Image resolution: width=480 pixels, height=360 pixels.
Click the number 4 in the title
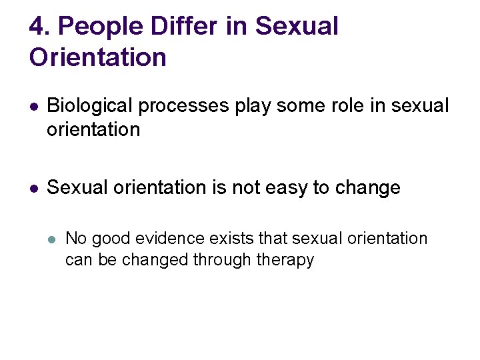coord(37,27)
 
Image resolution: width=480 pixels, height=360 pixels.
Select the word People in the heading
coord(99,27)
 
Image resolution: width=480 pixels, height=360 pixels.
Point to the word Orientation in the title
coord(97,57)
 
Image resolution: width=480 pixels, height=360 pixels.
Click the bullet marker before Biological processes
coord(33,107)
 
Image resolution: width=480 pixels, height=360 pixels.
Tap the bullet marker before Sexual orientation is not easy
coord(33,189)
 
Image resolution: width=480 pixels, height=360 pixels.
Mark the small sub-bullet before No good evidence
coord(52,239)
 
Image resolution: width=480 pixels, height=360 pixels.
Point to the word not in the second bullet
coord(246,189)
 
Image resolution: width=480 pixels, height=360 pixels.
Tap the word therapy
coord(287,261)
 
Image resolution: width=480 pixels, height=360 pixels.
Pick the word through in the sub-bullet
coord(224,260)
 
